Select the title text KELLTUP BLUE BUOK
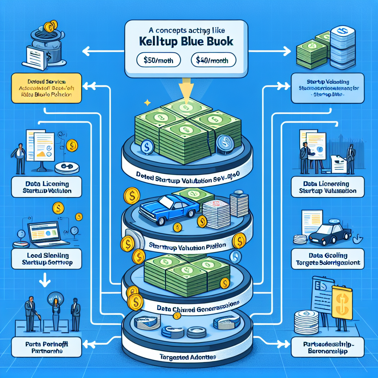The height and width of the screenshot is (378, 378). [187, 41]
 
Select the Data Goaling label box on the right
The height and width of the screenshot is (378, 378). [327, 259]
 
